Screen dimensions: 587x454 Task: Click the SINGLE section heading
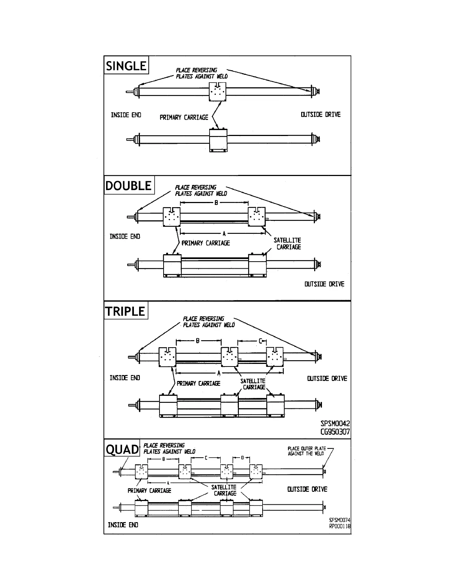[x=126, y=66]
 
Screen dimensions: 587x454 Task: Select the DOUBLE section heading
[x=129, y=185]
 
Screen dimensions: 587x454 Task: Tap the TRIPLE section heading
[x=125, y=311]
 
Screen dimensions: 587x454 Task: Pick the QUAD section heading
[x=122, y=450]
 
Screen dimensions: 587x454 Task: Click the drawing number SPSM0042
[x=335, y=424]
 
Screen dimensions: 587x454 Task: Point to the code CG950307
[x=335, y=432]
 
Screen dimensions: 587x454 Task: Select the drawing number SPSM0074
[x=340, y=520]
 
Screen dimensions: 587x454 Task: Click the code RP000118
[x=340, y=526]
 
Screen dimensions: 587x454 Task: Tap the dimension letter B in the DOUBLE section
[x=216, y=203]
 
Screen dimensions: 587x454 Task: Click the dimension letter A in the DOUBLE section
[x=224, y=234]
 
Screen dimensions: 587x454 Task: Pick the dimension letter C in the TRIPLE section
[x=260, y=341]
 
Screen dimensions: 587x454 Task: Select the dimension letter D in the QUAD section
[x=243, y=458]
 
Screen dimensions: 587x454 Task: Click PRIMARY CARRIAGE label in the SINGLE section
[x=184, y=117]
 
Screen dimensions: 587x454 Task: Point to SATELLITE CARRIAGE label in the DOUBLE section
[x=287, y=243]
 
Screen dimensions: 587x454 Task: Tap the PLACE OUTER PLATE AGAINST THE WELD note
[x=306, y=451]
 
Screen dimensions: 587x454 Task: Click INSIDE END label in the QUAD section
[x=123, y=525]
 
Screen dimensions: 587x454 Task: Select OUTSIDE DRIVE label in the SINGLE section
[x=320, y=115]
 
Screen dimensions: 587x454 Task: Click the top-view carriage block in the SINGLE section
[x=218, y=91]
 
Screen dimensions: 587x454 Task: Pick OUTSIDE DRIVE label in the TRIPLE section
[x=327, y=378]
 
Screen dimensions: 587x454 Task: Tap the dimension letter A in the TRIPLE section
[x=219, y=373]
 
